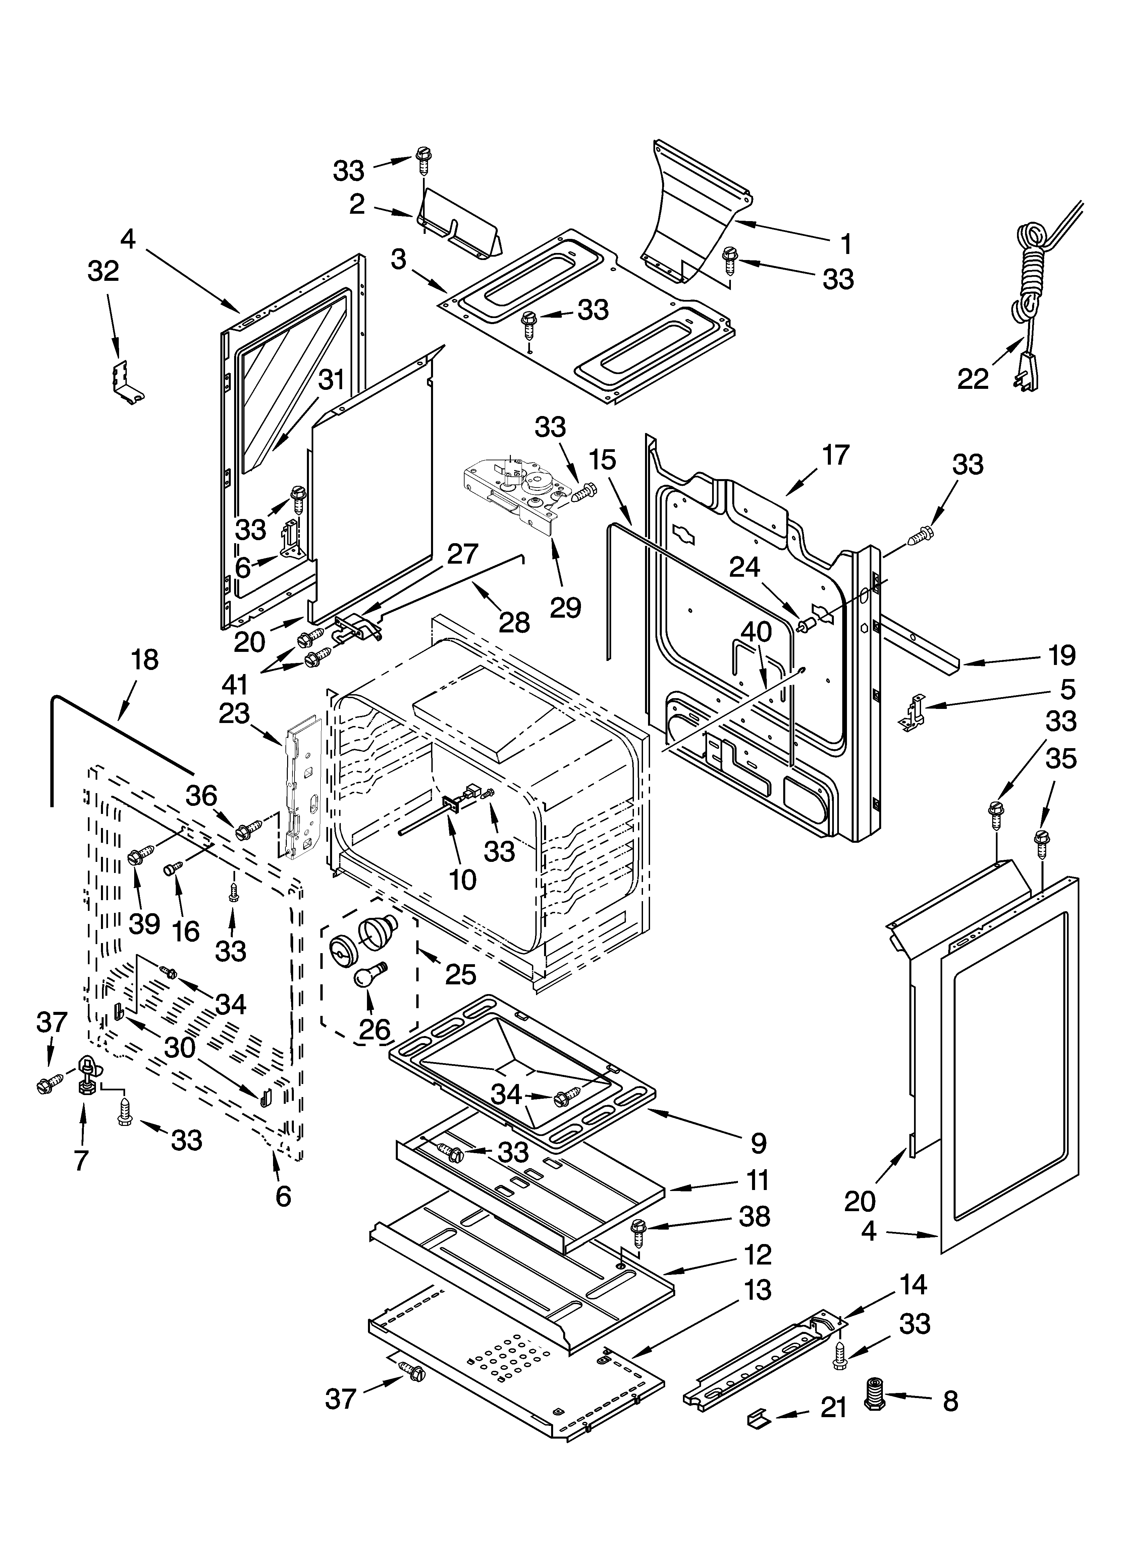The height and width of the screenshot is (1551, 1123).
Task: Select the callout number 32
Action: coord(103,271)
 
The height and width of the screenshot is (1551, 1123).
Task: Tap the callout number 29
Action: coord(566,607)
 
